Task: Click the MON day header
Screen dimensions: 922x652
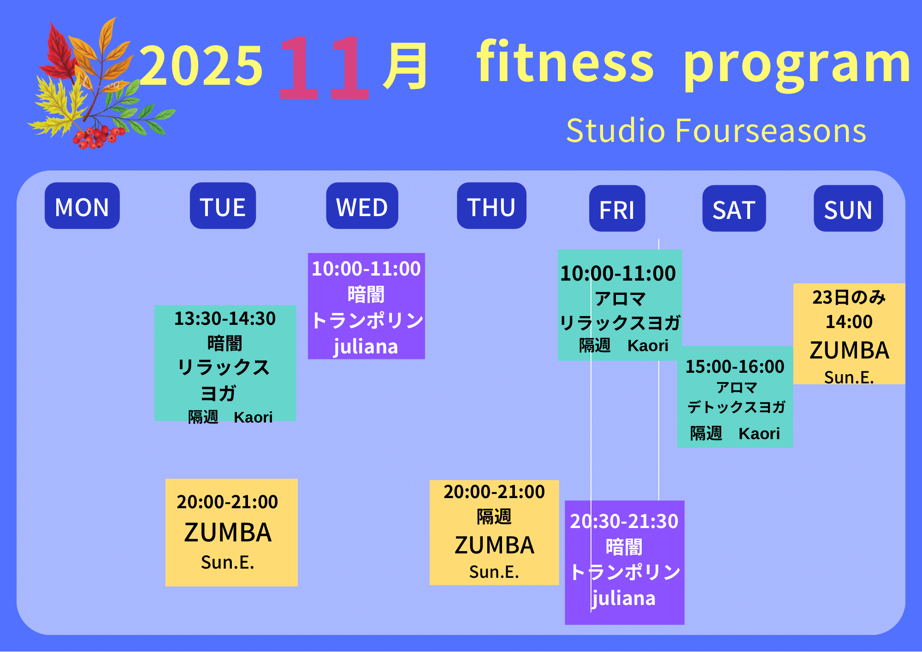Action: click(x=82, y=206)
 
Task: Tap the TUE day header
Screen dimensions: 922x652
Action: click(x=223, y=206)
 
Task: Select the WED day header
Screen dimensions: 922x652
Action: click(x=362, y=206)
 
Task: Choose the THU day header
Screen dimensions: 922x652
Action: click(x=491, y=206)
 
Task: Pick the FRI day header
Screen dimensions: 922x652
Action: click(x=617, y=208)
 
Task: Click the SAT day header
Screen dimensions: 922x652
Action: click(x=734, y=208)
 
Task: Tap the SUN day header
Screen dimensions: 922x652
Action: click(x=848, y=208)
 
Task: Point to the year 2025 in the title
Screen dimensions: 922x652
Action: click(x=201, y=65)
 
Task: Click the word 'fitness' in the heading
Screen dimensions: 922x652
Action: click(x=565, y=61)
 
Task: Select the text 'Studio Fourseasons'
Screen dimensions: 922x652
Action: click(x=716, y=130)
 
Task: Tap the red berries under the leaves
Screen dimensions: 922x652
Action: click(x=98, y=136)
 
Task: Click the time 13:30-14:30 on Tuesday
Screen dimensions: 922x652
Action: click(x=225, y=318)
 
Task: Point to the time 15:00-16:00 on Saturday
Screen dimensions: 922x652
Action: click(x=735, y=366)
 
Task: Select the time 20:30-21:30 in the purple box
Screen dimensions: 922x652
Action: click(x=624, y=521)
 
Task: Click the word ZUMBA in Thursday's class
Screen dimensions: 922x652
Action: click(x=494, y=545)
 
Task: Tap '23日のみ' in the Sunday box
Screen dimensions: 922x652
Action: click(x=849, y=297)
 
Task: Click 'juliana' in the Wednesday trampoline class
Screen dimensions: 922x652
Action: click(x=366, y=347)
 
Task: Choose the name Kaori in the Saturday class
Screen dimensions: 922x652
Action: click(x=759, y=434)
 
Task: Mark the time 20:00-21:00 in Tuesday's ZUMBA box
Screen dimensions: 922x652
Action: click(x=227, y=502)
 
